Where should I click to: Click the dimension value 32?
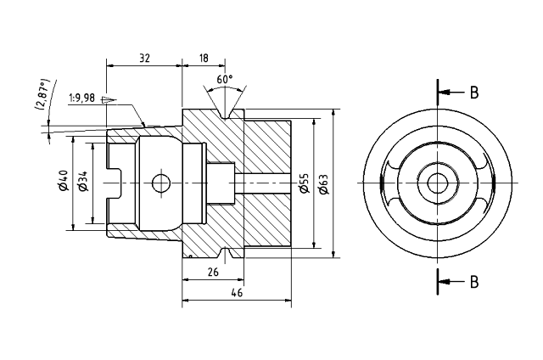click(x=144, y=58)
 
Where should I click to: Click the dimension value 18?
click(x=204, y=58)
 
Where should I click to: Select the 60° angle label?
click(x=225, y=79)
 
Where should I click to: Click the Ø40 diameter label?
click(x=63, y=182)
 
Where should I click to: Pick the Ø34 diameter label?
click(x=82, y=182)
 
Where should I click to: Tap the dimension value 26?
click(x=212, y=272)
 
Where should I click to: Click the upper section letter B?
click(x=475, y=92)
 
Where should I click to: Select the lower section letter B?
click(x=475, y=281)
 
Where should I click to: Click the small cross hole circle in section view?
click(x=159, y=183)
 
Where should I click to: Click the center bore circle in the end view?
click(x=438, y=183)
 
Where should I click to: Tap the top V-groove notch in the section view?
click(x=225, y=113)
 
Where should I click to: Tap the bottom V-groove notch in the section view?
click(x=225, y=253)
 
